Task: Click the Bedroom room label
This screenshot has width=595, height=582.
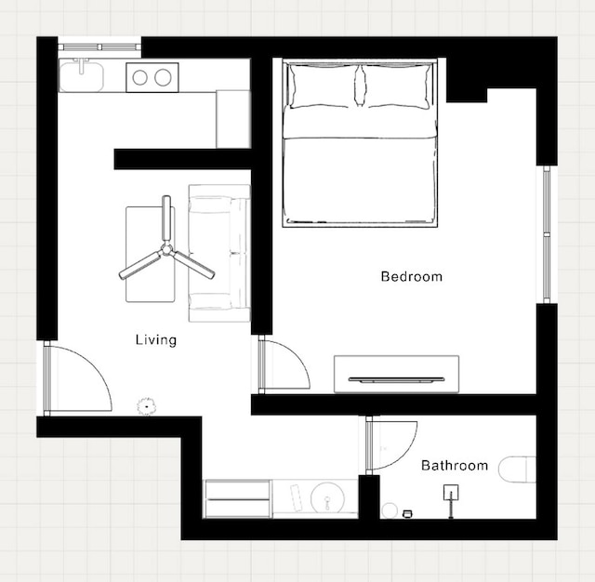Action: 412,276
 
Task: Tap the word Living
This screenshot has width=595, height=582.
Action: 156,339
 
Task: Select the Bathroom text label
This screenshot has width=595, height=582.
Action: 455,465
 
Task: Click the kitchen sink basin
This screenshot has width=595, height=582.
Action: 82,77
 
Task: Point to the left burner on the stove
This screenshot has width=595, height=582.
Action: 140,77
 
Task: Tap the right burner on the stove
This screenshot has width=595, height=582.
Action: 163,77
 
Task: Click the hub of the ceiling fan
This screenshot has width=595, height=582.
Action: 166,249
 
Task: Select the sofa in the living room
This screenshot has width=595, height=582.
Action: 219,253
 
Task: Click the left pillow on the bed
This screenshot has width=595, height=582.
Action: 322,86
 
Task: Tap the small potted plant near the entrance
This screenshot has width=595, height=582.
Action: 147,406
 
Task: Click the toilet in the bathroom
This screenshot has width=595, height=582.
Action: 517,470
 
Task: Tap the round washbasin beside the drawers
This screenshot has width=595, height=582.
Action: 327,498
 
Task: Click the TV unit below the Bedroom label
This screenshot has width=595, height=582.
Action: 397,374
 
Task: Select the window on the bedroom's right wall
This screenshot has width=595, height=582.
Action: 547,234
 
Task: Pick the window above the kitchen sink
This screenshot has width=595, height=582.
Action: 99,47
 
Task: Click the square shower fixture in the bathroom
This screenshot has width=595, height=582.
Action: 451,492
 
